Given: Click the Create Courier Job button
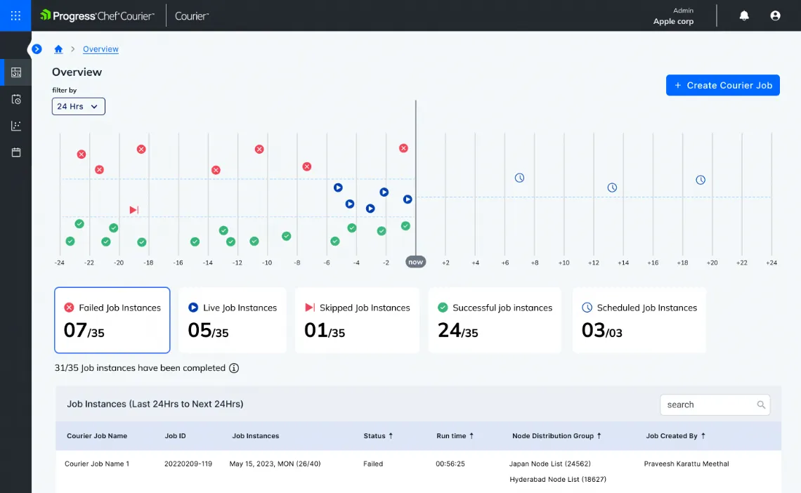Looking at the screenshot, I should coord(722,85).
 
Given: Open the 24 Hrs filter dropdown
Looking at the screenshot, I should coord(79,106).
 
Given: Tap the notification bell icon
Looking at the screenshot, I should coord(744,15).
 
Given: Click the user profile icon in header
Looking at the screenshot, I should coord(775,15).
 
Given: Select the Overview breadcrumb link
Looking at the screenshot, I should coord(100,49).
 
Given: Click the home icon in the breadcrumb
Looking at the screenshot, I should coord(59,49).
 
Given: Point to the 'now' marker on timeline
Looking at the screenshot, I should coord(415,262).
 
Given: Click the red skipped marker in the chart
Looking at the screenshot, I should coord(133,209).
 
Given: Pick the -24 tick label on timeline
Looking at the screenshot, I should coord(60,263).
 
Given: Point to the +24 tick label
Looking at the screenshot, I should coord(771,263).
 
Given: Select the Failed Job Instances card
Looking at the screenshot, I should coord(112,320).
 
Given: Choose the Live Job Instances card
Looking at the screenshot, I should coord(233,320).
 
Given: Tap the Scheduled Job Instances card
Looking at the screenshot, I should coord(639,320).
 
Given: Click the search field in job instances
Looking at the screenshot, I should coord(710,405).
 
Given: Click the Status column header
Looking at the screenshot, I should coord(378,436).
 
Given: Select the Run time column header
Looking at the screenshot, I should coord(455,436).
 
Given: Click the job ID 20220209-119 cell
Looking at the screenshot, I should coord(188,464).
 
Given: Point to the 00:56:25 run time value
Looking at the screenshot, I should coord(450,464).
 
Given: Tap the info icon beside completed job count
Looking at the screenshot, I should coord(234,368).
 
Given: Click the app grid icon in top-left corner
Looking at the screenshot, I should coord(15,15).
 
